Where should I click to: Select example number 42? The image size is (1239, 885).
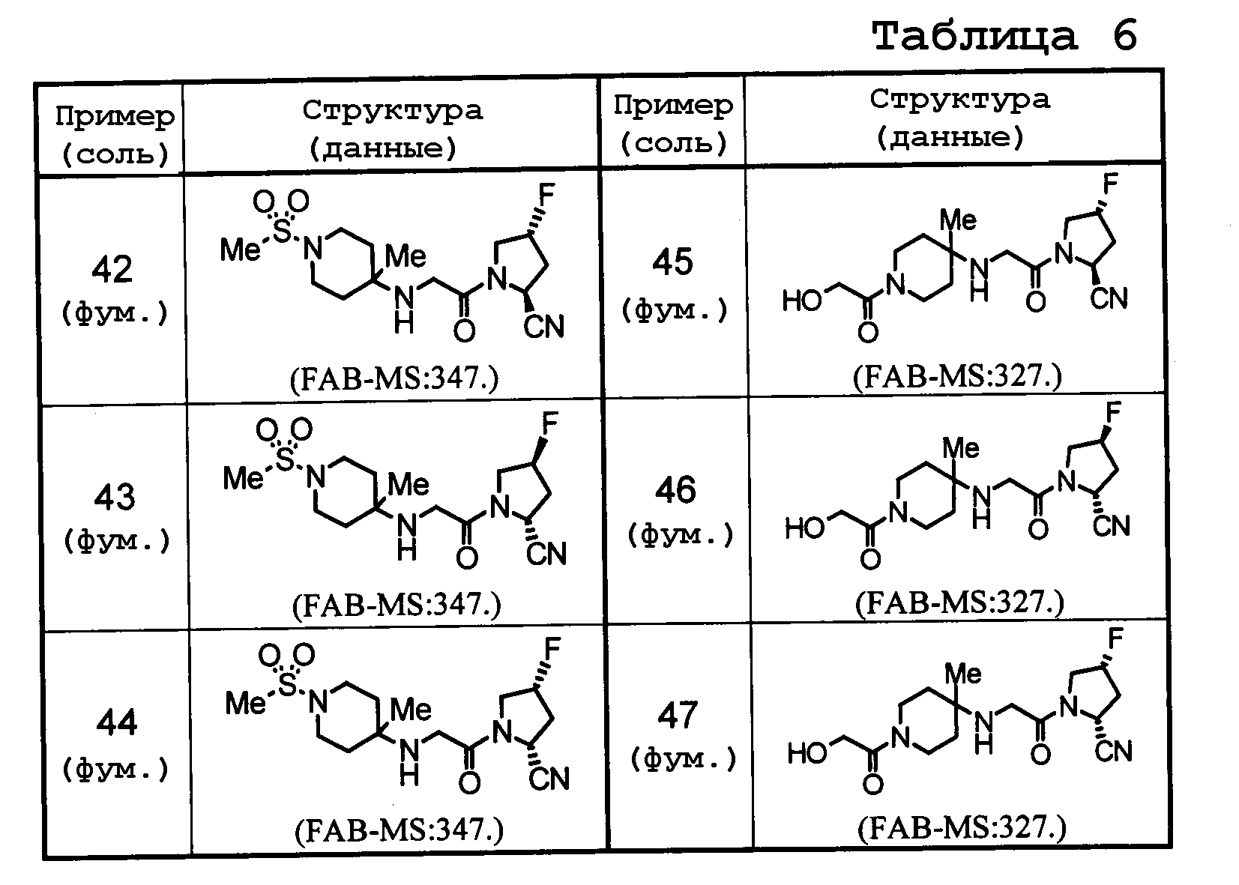[112, 269]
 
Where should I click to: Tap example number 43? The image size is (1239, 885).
[115, 497]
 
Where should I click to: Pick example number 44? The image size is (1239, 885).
[117, 722]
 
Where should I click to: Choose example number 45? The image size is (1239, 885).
[672, 262]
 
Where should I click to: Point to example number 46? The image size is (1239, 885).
[675, 490]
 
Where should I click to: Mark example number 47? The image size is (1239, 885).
[678, 715]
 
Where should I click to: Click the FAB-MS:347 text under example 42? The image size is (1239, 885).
[394, 379]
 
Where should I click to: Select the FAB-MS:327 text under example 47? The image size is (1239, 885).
[962, 828]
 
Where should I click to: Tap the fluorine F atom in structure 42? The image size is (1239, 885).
[546, 195]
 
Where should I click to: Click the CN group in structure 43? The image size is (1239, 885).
[546, 554]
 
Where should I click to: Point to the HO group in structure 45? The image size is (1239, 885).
[802, 301]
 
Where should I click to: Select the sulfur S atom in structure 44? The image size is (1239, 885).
[288, 686]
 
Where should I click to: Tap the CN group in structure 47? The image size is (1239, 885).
[1113, 751]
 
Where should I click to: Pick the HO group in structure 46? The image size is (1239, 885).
[805, 528]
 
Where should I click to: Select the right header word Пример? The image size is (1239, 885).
[673, 105]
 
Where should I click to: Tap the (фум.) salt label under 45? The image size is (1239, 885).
[675, 310]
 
